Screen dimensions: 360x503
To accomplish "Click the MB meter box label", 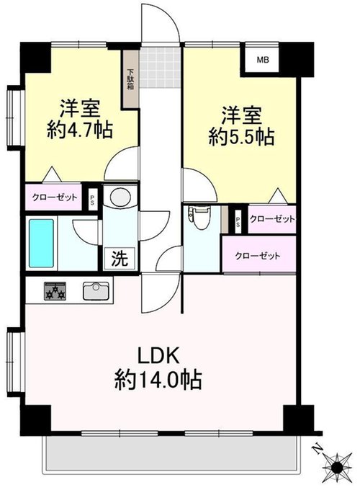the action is coord(263,60).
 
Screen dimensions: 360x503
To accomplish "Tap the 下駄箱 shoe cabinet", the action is coord(130,79).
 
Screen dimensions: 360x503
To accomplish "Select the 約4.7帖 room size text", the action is coord(80,130).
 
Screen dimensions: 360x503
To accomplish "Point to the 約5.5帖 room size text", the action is coord(241,137).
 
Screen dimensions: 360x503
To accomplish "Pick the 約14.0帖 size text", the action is coord(158,380).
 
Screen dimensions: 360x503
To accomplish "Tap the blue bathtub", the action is coord(41,243).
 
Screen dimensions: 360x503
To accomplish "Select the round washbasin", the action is coord(120,196).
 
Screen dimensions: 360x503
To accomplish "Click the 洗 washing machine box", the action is coord(120,257).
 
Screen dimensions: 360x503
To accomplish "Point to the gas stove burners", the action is coord(55,291).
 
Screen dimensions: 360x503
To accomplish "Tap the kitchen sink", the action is coord(96,290).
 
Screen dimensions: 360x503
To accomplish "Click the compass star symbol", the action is coord(337,468).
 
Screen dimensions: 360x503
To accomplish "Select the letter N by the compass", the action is coord(317,450).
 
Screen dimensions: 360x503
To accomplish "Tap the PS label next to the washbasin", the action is coord(92,200).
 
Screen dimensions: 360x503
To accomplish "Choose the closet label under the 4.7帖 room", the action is coord(55,197).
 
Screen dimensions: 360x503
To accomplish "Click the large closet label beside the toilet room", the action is coord(258,256).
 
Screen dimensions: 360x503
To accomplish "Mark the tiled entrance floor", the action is coord(161,68).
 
